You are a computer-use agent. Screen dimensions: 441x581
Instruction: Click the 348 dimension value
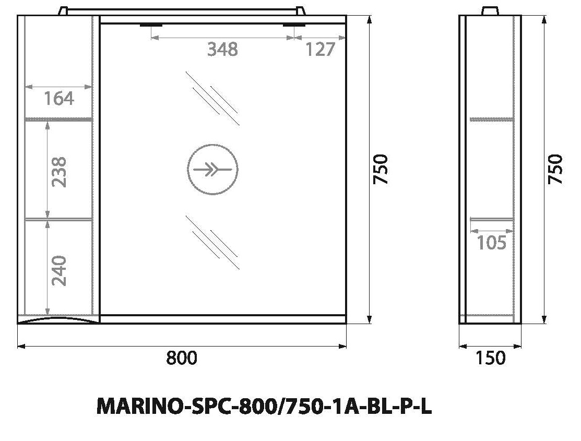(x=222, y=50)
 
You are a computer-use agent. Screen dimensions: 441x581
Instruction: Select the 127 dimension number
(x=319, y=50)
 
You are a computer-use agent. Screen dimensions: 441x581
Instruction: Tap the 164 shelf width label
(x=58, y=98)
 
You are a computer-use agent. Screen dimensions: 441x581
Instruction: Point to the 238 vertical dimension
(x=59, y=172)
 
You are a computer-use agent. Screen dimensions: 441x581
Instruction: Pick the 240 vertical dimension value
(x=59, y=270)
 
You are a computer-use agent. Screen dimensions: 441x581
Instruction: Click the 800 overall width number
(x=182, y=358)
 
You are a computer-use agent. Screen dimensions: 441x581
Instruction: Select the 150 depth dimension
(x=491, y=358)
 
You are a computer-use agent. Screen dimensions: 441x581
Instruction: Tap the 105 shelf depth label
(x=491, y=243)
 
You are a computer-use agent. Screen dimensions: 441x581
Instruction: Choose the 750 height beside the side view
(x=557, y=169)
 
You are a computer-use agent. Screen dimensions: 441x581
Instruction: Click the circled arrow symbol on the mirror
(x=212, y=169)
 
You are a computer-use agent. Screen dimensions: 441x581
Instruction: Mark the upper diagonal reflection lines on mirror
(x=212, y=98)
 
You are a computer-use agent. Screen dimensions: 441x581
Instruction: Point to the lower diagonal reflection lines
(x=212, y=243)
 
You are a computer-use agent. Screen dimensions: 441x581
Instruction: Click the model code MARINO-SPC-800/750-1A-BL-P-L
(x=264, y=407)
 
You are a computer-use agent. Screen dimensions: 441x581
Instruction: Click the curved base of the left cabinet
(x=57, y=319)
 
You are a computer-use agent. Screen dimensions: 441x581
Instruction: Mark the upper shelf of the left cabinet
(x=58, y=120)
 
